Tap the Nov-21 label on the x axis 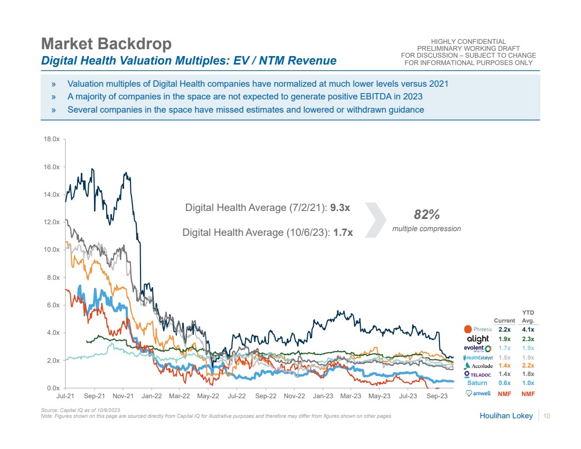click(122, 396)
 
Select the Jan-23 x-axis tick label click(322, 396)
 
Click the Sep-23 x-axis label click(437, 396)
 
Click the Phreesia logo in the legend click(477, 329)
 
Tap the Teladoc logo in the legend click(478, 374)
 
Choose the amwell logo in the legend click(478, 393)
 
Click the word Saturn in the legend click(477, 383)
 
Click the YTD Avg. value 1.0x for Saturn click(528, 383)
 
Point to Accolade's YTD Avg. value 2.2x click(528, 365)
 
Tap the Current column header click(504, 320)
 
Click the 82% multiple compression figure click(426, 215)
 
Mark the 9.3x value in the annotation click(340, 208)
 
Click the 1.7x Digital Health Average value click(343, 232)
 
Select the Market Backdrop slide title click(106, 43)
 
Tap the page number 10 click(547, 416)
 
